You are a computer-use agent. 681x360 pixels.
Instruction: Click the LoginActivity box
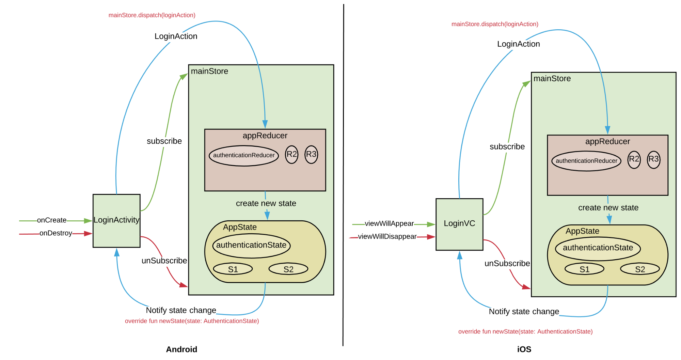(116, 220)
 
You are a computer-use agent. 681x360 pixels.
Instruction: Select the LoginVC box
(459, 224)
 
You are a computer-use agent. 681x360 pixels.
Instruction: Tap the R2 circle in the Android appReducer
(291, 154)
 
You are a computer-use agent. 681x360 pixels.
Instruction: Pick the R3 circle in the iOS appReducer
(653, 159)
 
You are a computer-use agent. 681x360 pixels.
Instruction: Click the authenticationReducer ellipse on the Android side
(244, 155)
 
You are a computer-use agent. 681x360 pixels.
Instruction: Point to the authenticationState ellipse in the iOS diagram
(598, 248)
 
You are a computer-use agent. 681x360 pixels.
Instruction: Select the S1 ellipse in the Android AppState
(233, 269)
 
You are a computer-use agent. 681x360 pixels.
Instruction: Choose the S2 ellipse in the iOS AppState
(640, 269)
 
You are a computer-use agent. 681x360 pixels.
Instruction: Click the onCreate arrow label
(52, 220)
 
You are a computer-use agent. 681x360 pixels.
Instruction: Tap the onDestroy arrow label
(56, 233)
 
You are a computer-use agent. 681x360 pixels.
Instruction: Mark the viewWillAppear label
(389, 224)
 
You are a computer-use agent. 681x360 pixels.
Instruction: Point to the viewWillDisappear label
(387, 237)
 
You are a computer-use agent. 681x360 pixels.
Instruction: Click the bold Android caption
(181, 349)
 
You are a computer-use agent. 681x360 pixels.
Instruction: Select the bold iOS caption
(524, 349)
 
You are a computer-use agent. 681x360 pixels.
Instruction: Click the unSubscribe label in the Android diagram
(164, 261)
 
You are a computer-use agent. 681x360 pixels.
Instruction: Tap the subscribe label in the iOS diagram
(507, 147)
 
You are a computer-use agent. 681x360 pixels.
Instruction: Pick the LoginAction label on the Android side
(176, 36)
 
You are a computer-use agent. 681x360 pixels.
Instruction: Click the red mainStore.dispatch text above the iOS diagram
(495, 24)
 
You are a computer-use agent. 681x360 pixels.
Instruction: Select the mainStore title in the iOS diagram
(552, 79)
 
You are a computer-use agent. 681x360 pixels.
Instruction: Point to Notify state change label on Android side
(181, 310)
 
